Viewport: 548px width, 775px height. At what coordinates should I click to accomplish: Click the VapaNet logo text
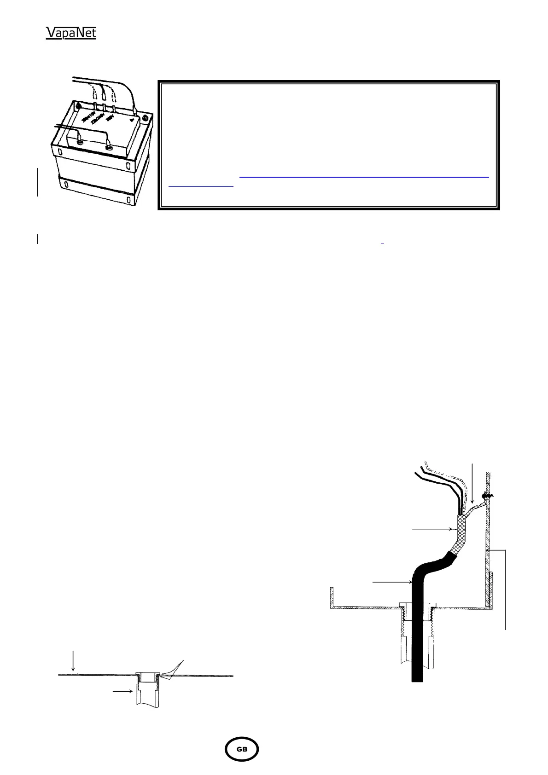[71, 33]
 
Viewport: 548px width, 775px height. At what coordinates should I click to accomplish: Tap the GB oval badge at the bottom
[241, 749]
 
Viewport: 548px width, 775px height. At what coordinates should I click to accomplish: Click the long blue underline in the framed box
[364, 176]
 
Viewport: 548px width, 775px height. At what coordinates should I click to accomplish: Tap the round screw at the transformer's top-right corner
[146, 118]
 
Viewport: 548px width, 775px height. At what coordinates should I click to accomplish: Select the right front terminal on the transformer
[109, 148]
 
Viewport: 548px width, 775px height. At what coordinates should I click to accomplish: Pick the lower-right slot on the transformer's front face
[128, 199]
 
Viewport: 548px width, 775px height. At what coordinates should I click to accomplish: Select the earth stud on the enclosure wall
[485, 497]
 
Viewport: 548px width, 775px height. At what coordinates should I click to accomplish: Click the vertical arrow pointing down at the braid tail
[472, 488]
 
